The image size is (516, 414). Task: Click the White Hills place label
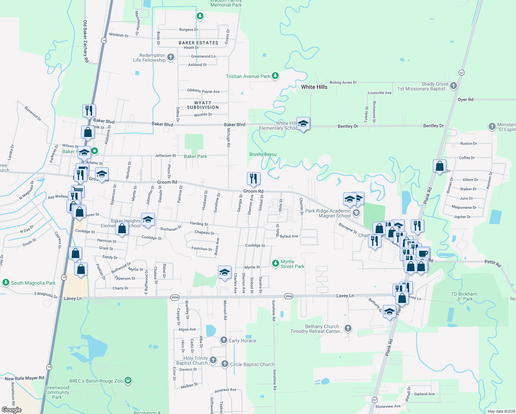(x=314, y=87)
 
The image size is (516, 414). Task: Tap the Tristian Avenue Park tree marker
(x=275, y=76)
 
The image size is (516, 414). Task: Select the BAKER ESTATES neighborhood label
(x=198, y=43)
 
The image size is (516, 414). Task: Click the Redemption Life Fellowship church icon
(x=170, y=57)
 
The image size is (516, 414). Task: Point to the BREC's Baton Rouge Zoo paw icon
(x=128, y=381)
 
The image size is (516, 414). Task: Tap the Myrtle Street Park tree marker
(x=275, y=264)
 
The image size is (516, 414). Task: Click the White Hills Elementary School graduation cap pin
(x=303, y=124)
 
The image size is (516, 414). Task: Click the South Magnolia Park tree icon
(x=6, y=283)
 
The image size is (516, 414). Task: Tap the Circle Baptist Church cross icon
(x=225, y=364)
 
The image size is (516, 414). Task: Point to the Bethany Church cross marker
(x=348, y=328)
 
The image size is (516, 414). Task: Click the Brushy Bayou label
(x=263, y=154)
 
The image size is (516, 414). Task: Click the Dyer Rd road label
(x=465, y=99)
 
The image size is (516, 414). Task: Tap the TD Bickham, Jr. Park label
(x=464, y=296)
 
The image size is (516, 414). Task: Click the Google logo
(x=12, y=410)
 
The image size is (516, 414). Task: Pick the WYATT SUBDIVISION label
(x=203, y=105)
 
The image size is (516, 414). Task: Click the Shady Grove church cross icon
(x=454, y=85)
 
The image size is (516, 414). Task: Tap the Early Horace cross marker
(x=224, y=340)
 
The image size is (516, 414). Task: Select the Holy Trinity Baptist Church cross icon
(x=213, y=360)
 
